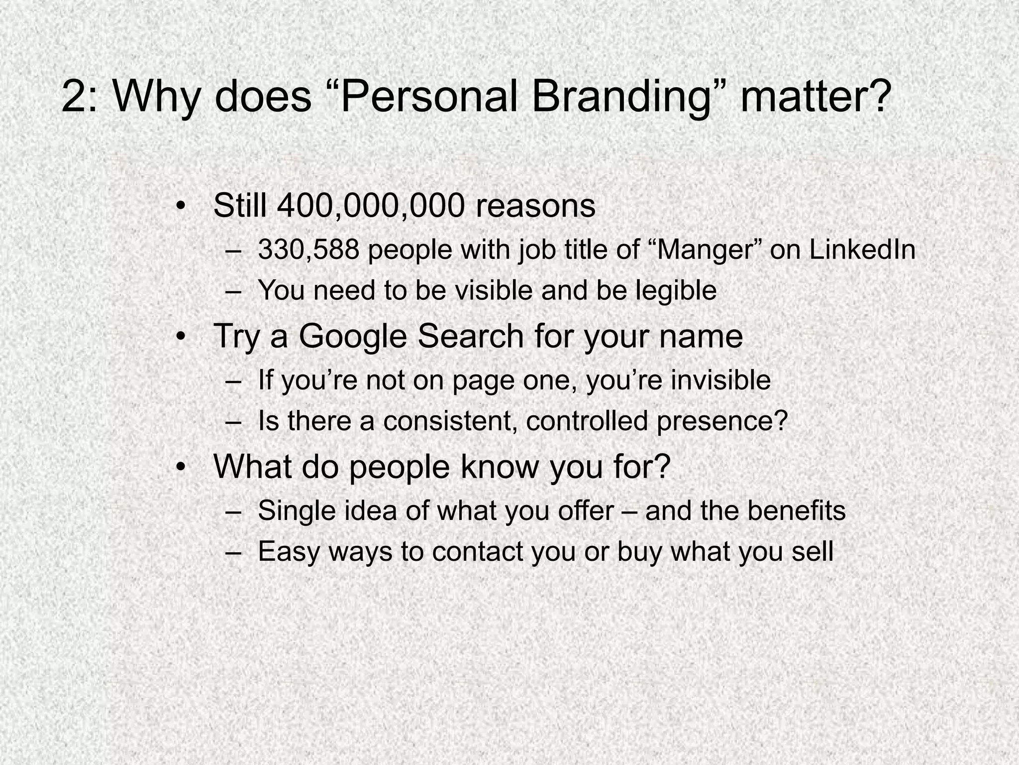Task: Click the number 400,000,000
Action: click(371, 205)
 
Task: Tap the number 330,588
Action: click(308, 250)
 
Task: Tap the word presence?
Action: click(722, 422)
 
